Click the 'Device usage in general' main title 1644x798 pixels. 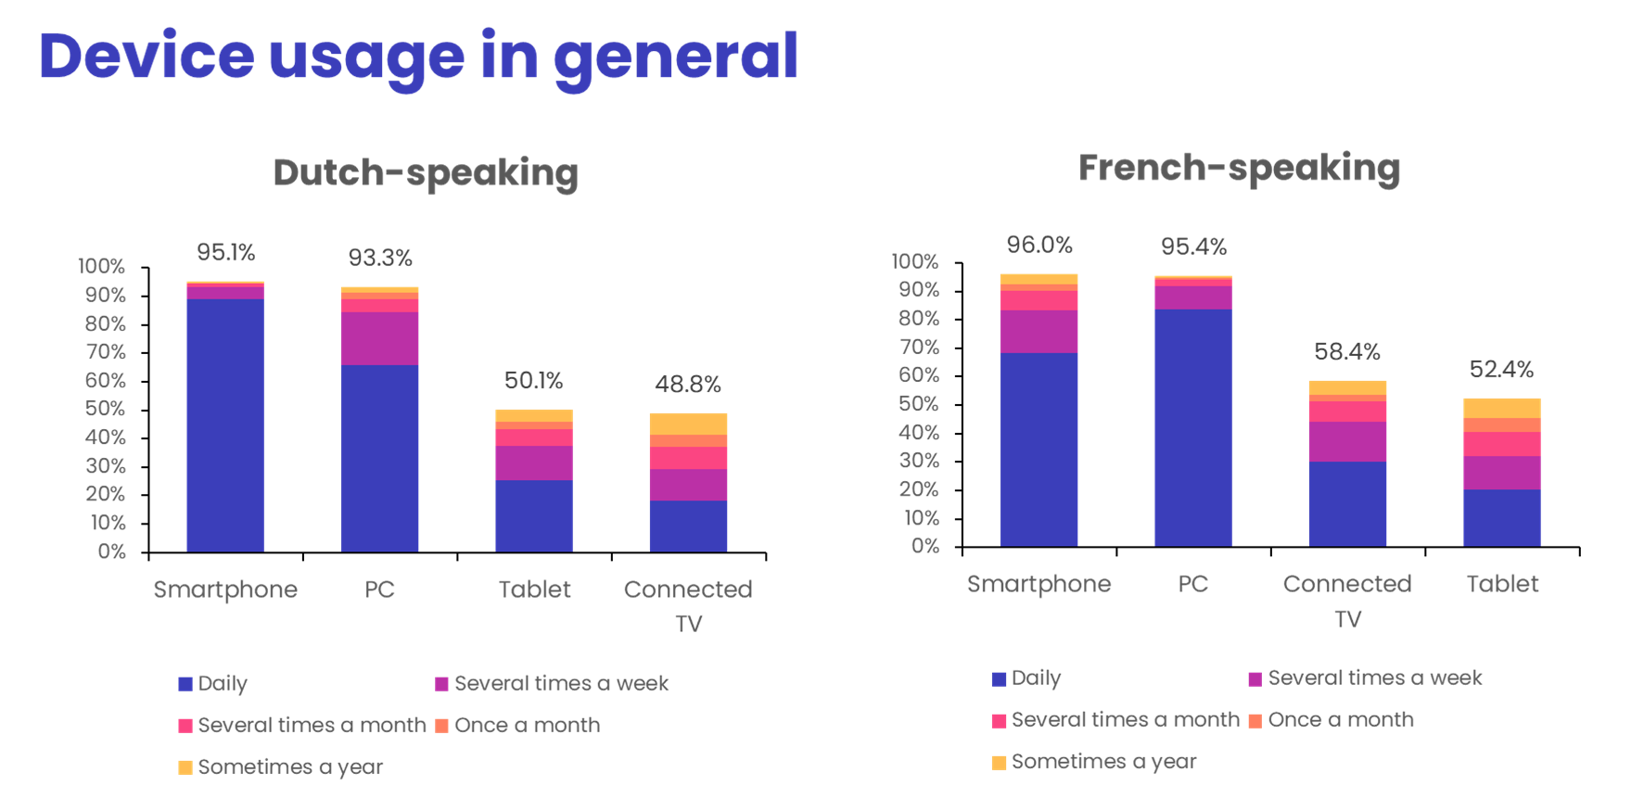pos(418,57)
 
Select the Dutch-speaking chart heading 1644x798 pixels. pos(426,173)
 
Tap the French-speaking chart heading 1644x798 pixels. pos(1239,169)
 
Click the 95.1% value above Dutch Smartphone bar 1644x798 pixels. pos(225,252)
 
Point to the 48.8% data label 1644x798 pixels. pos(687,385)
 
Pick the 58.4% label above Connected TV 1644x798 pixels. pos(1346,352)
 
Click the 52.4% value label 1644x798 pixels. pos(1501,370)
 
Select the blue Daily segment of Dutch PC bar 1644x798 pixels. pos(379,458)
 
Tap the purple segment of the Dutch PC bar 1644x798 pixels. pos(379,338)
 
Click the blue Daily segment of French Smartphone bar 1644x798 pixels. pos(1039,450)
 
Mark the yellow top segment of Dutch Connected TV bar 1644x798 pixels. pos(688,424)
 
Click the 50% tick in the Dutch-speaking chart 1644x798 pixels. pos(105,409)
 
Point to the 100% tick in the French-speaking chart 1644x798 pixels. pos(915,261)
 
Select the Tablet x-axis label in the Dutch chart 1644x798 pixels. pos(534,589)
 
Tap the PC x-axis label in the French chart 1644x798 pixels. pos(1192,584)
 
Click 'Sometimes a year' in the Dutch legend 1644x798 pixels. pos(290,767)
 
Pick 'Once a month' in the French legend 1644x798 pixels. pos(1340,720)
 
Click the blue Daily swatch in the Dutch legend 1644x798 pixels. pos(185,684)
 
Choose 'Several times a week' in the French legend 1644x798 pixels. pos(1374,678)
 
